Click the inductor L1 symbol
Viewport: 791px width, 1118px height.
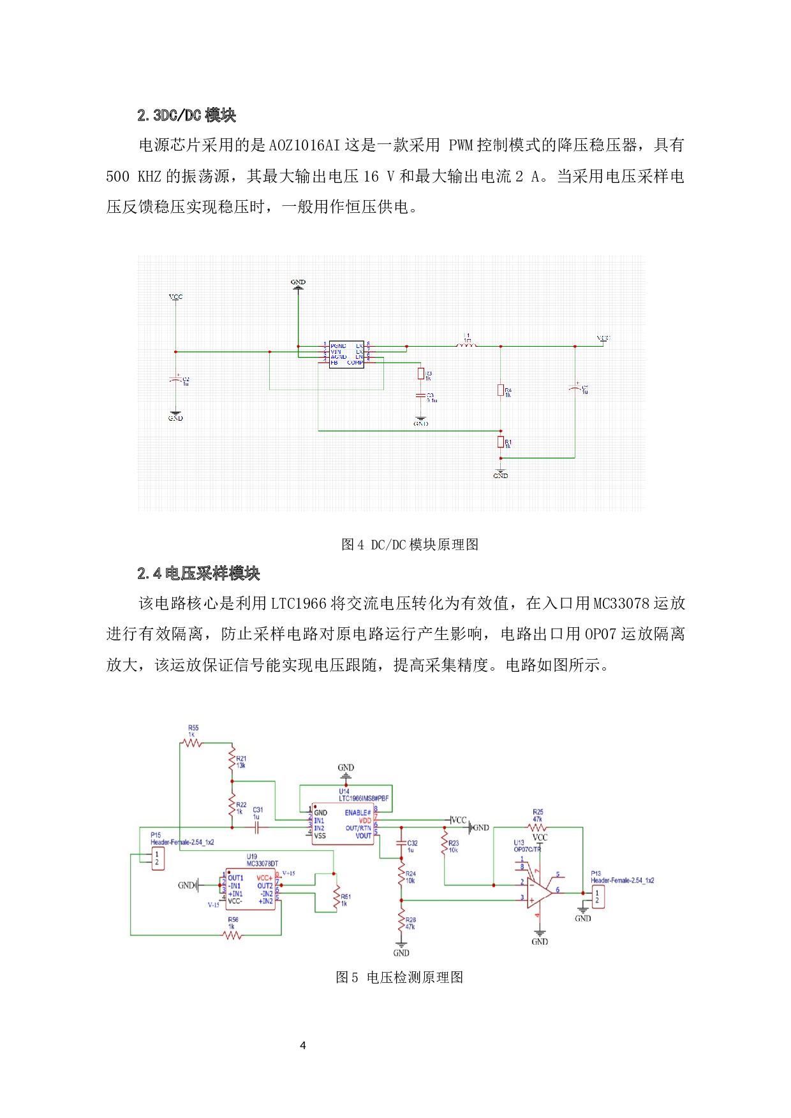466,345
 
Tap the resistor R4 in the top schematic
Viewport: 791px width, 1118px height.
501,390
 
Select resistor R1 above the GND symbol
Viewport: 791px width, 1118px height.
501,442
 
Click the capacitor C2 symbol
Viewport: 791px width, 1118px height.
175,380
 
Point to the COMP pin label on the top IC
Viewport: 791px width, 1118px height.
355,363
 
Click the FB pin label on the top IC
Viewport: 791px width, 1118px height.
334,363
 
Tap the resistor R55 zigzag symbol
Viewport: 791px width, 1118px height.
191,743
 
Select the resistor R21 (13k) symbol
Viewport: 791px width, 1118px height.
232,759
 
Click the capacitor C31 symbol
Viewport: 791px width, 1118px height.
256,827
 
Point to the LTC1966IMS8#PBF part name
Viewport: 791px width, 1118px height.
364,798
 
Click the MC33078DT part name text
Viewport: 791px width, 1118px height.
262,864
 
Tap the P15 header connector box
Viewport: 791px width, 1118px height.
156,859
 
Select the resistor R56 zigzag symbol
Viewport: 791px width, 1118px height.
233,935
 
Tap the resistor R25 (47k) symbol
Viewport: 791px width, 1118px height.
537,827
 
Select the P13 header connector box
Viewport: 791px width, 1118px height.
597,897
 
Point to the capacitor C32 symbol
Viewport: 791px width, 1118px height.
401,843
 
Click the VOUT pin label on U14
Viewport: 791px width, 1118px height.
363,836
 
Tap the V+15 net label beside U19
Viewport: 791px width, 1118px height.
288,873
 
